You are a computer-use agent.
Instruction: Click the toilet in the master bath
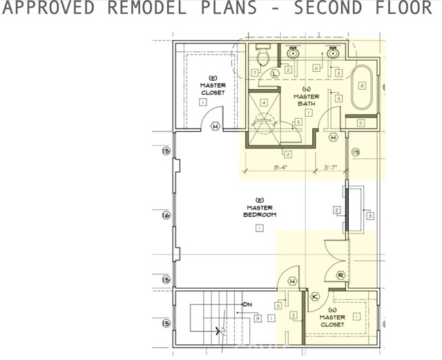[263, 54]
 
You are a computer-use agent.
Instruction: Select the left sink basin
[294, 53]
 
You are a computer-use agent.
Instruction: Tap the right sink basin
[333, 53]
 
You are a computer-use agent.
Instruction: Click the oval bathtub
[362, 87]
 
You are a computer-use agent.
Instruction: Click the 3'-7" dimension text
[331, 167]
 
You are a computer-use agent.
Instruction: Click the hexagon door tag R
[340, 274]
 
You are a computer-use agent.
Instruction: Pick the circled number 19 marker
[356, 153]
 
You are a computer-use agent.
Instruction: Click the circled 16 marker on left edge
[166, 216]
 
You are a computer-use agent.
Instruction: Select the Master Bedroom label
[260, 211]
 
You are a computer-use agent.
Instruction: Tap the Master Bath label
[306, 100]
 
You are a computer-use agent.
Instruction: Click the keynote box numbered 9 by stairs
[257, 319]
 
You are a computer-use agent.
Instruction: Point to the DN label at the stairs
[247, 305]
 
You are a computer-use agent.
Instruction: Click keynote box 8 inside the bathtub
[362, 86]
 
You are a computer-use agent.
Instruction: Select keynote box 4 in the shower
[264, 103]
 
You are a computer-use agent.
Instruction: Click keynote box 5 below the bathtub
[361, 123]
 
